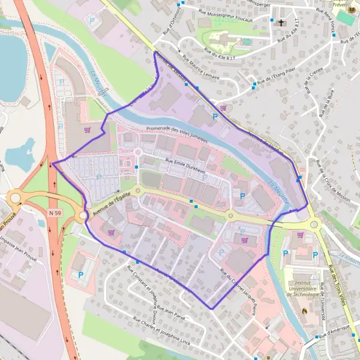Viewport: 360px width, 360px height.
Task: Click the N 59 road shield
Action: [x=55, y=213]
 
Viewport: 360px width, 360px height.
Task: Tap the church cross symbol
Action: [x=281, y=23]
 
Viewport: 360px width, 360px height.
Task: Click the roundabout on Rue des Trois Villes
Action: [x=315, y=224]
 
